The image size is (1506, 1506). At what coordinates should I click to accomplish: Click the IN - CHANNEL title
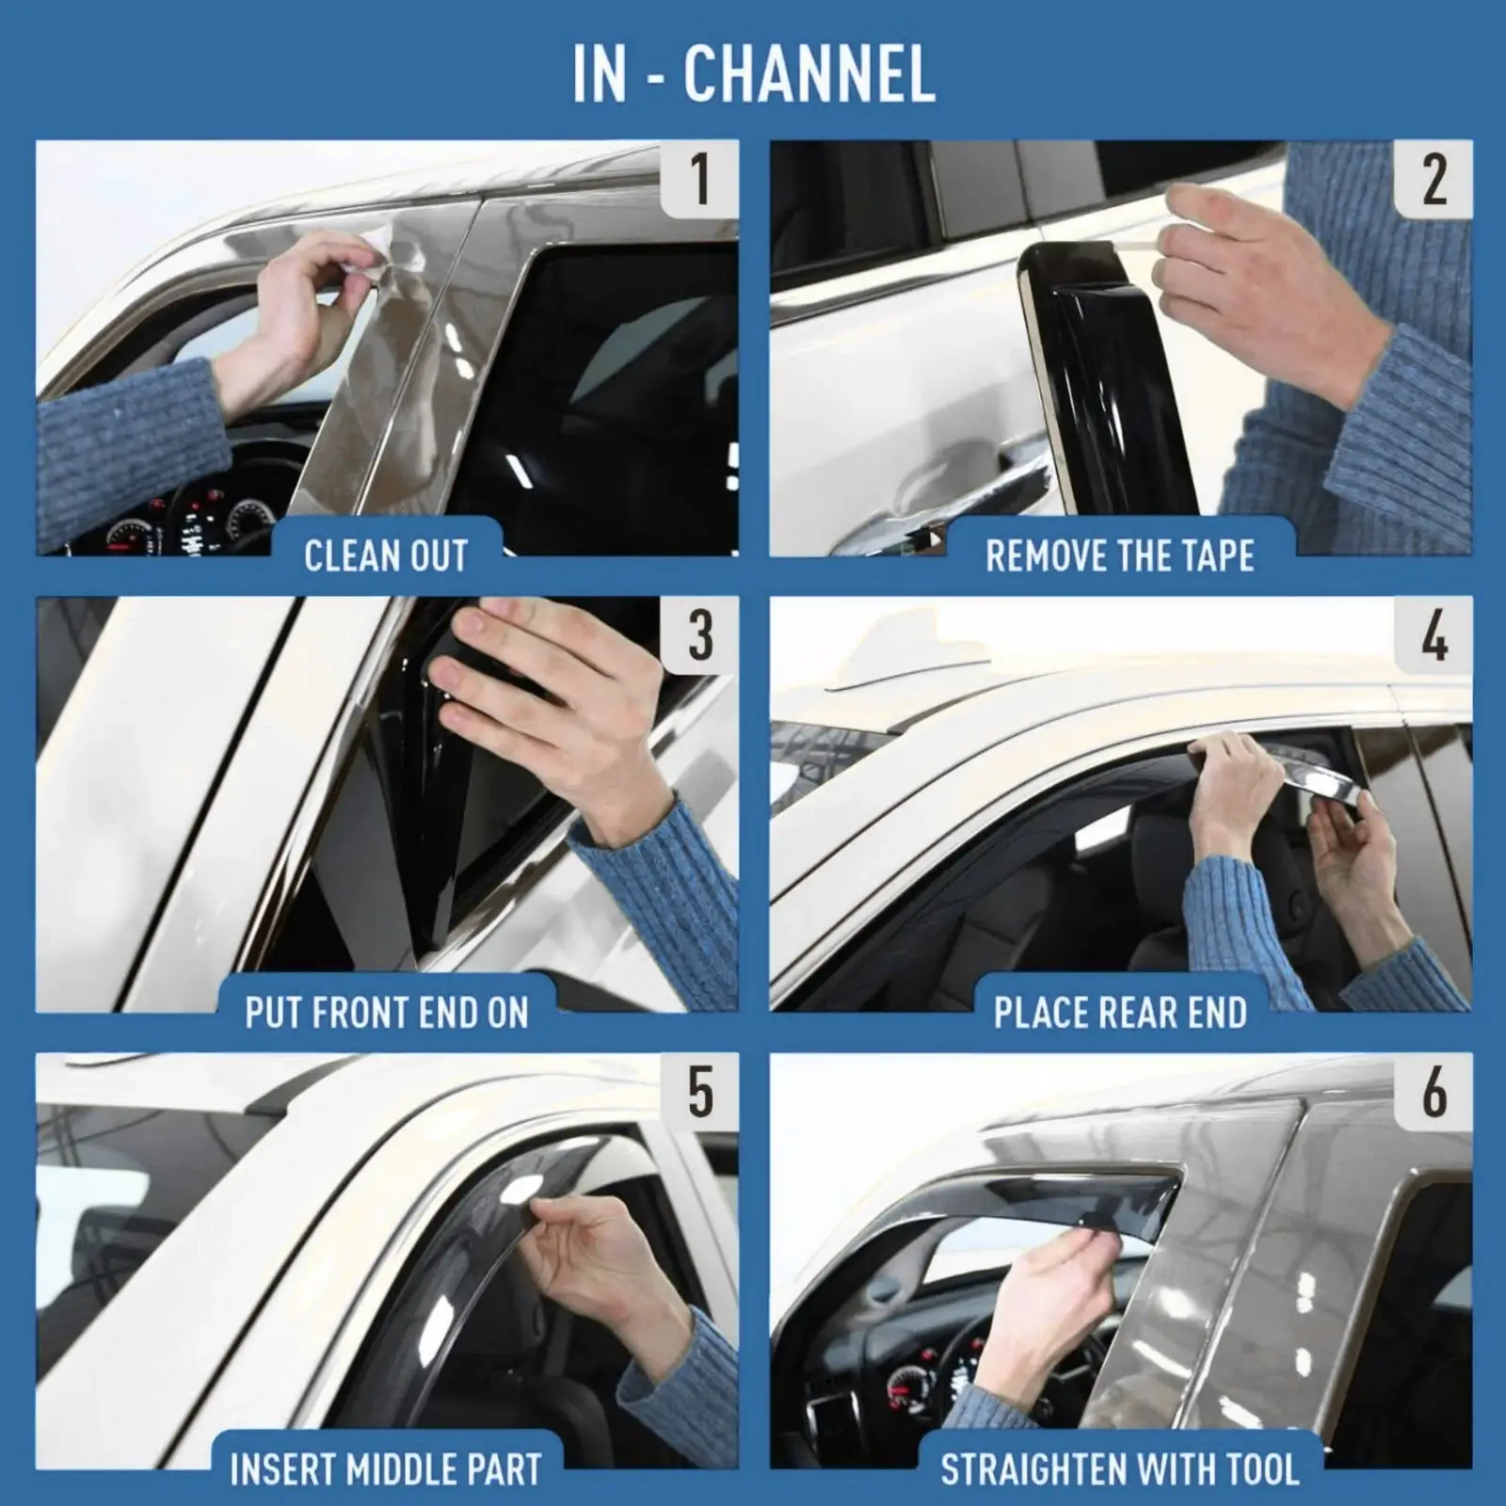753,73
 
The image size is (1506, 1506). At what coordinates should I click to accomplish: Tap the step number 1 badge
699,179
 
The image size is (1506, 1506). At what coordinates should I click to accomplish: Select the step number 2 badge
1433,179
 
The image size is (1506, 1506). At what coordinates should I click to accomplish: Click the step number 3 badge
699,635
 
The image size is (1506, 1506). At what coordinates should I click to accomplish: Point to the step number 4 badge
1433,635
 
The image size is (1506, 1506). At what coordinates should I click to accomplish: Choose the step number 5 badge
699,1092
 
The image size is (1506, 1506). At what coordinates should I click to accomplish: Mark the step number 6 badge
1433,1092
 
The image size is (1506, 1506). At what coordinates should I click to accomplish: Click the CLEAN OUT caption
386,555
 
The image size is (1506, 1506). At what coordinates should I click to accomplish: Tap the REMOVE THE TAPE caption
1119,555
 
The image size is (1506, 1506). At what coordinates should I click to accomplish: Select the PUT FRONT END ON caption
386,1013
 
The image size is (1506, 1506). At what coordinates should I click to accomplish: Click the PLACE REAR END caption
1119,1013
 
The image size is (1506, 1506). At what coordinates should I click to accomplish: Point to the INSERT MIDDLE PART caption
386,1469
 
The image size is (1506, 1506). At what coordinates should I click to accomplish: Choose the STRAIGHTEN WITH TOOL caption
1119,1469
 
